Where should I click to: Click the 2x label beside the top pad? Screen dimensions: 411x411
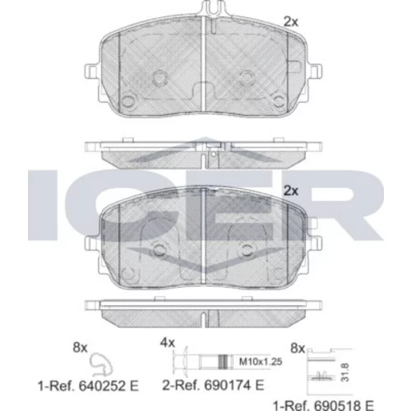[291, 21]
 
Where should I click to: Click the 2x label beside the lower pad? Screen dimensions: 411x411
[291, 191]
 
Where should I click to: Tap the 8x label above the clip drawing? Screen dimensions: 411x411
[80, 348]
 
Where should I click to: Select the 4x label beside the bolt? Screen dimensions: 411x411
[168, 343]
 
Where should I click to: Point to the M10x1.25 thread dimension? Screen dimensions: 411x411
[261, 362]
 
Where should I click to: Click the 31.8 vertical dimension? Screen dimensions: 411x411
[345, 372]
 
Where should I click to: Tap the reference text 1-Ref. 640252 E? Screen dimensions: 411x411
[88, 386]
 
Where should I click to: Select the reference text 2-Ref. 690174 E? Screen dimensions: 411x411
[213, 386]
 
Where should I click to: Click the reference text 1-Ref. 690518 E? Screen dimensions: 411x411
[323, 405]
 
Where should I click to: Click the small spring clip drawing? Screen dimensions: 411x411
[102, 364]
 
